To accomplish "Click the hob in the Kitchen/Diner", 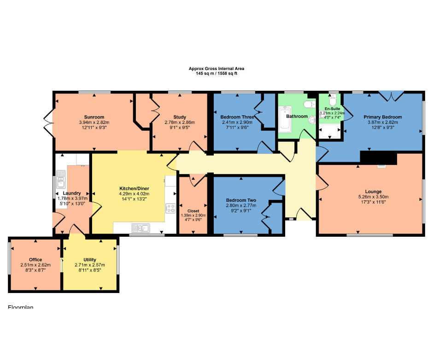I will click(170, 208).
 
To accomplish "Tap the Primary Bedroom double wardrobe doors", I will click(392, 96).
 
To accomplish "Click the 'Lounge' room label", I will click(373, 192).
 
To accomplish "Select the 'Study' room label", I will click(180, 117).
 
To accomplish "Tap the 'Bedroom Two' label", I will click(241, 200).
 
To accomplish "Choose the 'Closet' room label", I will click(193, 211).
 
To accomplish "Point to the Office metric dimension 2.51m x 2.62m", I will click(35, 265).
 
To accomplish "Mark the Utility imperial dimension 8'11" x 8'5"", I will click(90, 270).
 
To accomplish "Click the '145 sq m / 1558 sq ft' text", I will click(216, 74).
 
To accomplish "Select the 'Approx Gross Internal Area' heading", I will click(216, 69).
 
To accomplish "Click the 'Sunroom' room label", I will click(94, 117).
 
